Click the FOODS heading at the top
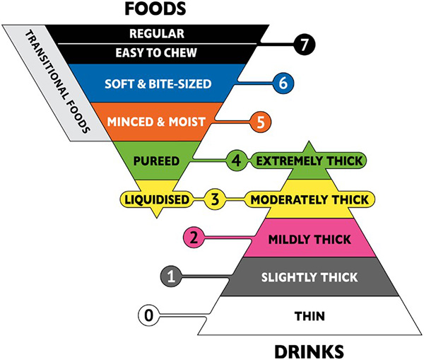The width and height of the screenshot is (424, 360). pyautogui.click(x=155, y=8)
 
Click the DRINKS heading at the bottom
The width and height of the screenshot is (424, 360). pyautogui.click(x=309, y=352)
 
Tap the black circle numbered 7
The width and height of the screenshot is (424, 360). pyautogui.click(x=305, y=45)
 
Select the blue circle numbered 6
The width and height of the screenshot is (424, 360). pyautogui.click(x=283, y=83)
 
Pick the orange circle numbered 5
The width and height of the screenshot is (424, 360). pyautogui.click(x=260, y=122)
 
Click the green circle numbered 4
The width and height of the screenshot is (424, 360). pyautogui.click(x=237, y=161)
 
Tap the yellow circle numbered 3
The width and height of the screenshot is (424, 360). pyautogui.click(x=215, y=199)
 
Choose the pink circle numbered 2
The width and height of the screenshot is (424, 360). pyautogui.click(x=194, y=238)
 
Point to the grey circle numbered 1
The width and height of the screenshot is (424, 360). pyautogui.click(x=171, y=277)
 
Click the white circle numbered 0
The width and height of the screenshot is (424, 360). pyautogui.click(x=149, y=315)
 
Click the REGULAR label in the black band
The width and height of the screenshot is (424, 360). pyautogui.click(x=157, y=34)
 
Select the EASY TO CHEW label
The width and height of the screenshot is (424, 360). pyautogui.click(x=156, y=53)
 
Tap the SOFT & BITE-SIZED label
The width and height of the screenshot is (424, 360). pyautogui.click(x=158, y=84)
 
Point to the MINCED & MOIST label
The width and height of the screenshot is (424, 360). pyautogui.click(x=156, y=122)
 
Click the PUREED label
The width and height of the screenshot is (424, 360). pyautogui.click(x=156, y=161)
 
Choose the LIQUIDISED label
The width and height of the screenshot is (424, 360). pyautogui.click(x=157, y=199)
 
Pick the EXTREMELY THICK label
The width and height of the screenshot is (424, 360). pyautogui.click(x=310, y=161)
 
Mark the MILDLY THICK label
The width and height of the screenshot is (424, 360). pyautogui.click(x=310, y=240)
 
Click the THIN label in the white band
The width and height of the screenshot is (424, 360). pyautogui.click(x=310, y=316)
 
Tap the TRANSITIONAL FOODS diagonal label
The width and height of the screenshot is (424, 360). pyautogui.click(x=57, y=82)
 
